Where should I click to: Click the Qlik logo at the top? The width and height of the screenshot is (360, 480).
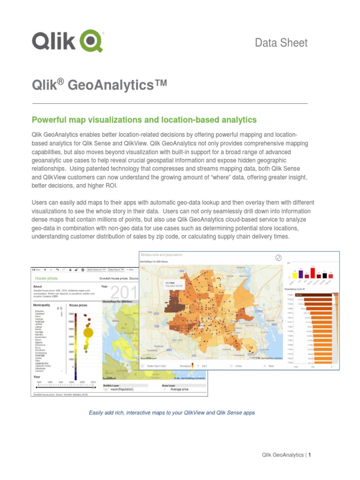point(67,41)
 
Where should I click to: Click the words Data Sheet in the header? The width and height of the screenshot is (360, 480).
point(281,43)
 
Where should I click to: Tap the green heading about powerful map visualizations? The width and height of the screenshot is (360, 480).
point(144,120)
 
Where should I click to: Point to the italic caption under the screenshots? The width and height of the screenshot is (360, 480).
point(172,412)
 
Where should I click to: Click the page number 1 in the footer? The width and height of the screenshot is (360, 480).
point(310,455)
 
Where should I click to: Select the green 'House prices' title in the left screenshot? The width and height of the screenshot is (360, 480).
point(45,278)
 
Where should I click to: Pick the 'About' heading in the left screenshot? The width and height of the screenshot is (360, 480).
point(37,286)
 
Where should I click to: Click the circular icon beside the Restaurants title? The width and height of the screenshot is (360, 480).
point(278,257)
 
